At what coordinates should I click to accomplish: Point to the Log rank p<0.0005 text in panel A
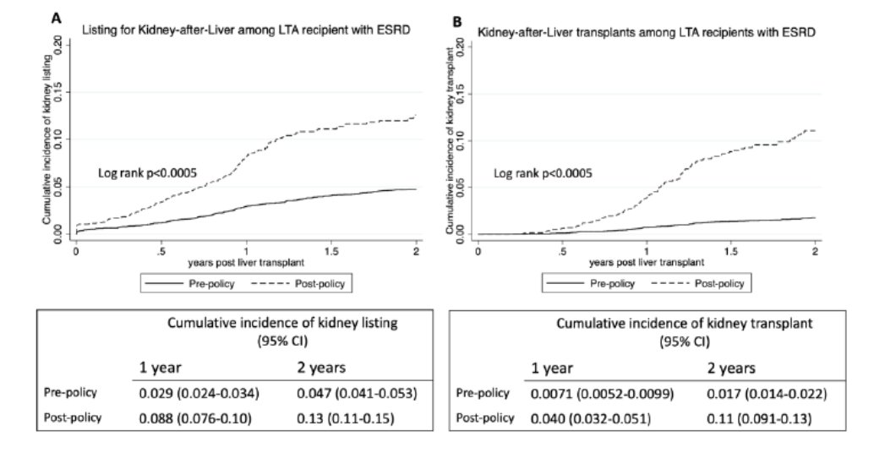pyautogui.click(x=147, y=172)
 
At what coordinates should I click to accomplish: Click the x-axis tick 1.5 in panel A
pyautogui.click(x=330, y=252)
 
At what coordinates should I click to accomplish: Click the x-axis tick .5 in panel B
pyautogui.click(x=562, y=252)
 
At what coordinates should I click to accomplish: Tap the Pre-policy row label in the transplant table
pyautogui.click(x=483, y=394)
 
